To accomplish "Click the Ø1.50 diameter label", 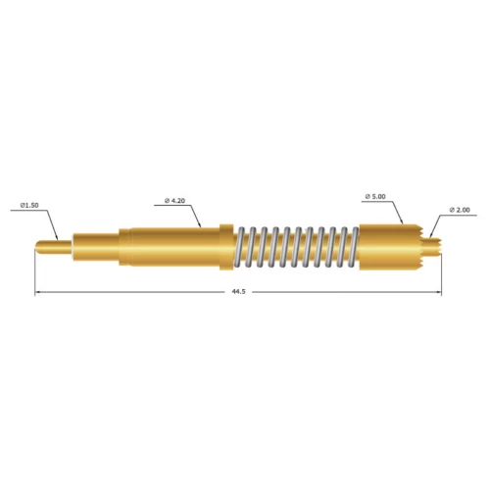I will [x=30, y=206].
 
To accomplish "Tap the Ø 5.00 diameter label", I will [x=376, y=197].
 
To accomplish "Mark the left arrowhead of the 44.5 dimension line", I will [x=38, y=293].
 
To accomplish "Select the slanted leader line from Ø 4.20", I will [x=195, y=216].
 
